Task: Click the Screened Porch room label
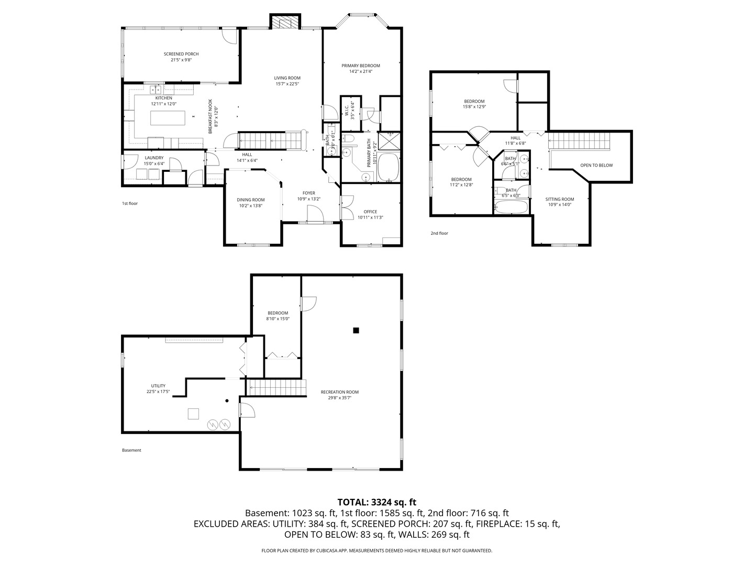pyautogui.click(x=181, y=54)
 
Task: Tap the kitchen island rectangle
pyautogui.click(x=168, y=118)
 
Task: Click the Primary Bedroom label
pyautogui.click(x=361, y=66)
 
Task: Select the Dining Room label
pyautogui.click(x=251, y=200)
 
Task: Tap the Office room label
pyautogui.click(x=370, y=212)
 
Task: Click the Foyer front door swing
pyautogui.click(x=314, y=213)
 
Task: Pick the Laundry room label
pyautogui.click(x=154, y=158)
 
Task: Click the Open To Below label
pyautogui.click(x=596, y=166)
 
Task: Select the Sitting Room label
pyautogui.click(x=560, y=199)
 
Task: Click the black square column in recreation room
pyautogui.click(x=356, y=330)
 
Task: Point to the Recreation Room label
pyautogui.click(x=340, y=392)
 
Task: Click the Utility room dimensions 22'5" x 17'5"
pyautogui.click(x=158, y=391)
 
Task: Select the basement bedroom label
pyautogui.click(x=278, y=313)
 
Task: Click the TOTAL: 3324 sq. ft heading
pyautogui.click(x=376, y=502)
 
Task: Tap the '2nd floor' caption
pyautogui.click(x=439, y=233)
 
